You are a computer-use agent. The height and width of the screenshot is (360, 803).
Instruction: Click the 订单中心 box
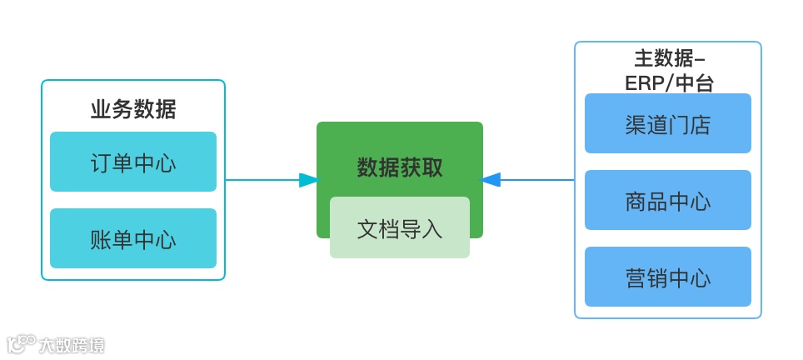133,162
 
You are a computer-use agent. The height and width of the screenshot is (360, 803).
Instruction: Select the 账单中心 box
133,238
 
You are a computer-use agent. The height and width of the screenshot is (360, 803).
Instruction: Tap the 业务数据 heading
133,109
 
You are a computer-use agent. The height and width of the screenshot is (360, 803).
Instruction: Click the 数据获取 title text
400,167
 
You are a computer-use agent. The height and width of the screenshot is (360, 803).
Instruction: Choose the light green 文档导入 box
400,227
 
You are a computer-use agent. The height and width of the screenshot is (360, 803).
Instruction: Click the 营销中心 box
668,277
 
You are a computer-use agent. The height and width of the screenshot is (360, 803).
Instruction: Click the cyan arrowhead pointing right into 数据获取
308,179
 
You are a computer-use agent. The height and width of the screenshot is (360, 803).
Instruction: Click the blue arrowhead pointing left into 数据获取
491,179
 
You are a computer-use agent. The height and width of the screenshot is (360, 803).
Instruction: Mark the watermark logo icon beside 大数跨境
22,343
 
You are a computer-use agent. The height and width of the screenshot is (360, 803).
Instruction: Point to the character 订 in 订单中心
101,162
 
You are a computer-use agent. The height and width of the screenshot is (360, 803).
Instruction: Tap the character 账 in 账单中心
101,239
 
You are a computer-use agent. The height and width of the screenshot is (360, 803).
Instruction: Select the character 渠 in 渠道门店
636,124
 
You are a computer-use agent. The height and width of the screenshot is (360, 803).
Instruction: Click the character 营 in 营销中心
636,277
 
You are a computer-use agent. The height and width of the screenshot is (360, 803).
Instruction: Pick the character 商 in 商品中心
636,201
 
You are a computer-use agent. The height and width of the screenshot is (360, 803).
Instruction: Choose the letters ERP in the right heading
642,82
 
